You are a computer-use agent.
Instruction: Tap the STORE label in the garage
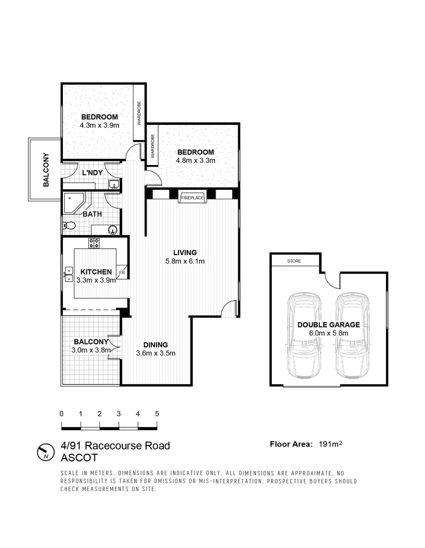point(294,261)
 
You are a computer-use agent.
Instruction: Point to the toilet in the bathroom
point(68,225)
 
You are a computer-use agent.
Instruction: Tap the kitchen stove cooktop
point(95,243)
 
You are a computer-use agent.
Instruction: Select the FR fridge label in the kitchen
point(122,272)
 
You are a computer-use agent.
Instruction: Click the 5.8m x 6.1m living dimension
point(185,261)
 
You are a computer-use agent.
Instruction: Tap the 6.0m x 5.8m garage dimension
point(329,333)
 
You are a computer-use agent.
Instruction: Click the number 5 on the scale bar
point(157,414)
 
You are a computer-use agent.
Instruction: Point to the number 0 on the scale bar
point(61,414)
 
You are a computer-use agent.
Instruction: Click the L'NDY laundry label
point(92,173)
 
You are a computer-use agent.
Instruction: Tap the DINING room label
point(155,344)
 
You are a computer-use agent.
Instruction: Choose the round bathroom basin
point(112,230)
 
